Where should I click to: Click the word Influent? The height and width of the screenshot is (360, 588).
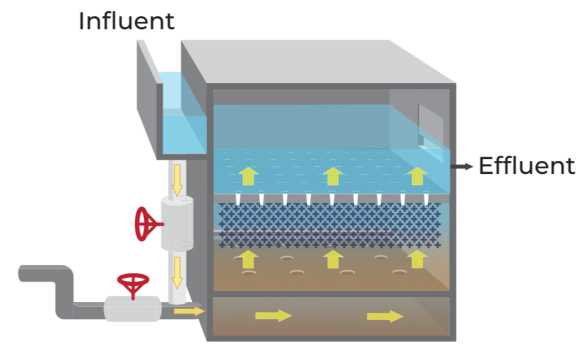click(126, 21)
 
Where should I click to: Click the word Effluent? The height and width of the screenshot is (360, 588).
click(526, 166)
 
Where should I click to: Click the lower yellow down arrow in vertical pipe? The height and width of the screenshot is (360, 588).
click(177, 272)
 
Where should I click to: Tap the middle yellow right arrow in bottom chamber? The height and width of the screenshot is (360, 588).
click(273, 315)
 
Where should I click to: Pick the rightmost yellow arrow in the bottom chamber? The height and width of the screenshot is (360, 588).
click(384, 317)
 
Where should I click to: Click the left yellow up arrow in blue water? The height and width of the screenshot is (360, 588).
click(249, 176)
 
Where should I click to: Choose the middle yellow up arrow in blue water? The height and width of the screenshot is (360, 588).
click(333, 176)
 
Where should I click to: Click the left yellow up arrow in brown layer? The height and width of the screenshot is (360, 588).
click(249, 258)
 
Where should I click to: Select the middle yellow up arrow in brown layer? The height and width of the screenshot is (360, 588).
click(333, 258)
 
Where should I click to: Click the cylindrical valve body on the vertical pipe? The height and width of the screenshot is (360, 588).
click(177, 223)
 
